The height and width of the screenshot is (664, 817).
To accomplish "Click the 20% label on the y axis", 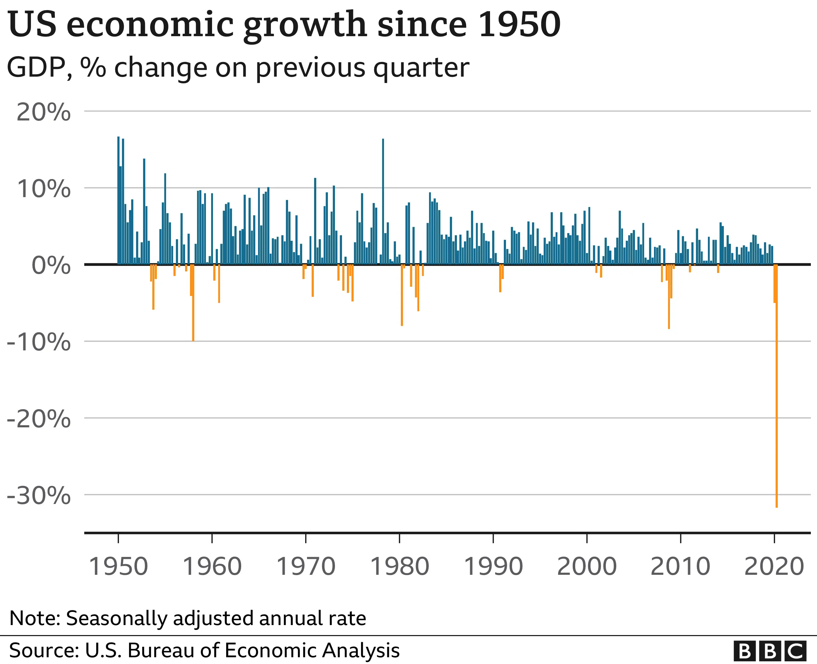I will point(43,113).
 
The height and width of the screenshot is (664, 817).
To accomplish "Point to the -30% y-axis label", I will point(39,496).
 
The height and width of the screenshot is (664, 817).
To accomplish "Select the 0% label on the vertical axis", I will point(51,265).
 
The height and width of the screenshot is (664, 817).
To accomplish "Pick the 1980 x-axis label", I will point(400,566).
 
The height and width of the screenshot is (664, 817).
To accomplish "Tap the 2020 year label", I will point(774,566).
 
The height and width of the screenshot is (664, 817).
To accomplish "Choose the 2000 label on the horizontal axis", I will point(587,566).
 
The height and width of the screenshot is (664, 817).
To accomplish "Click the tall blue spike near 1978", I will point(383,199).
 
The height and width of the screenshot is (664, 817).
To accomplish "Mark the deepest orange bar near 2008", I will point(669,296).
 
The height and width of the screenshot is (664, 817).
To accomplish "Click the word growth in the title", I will point(305,25).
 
